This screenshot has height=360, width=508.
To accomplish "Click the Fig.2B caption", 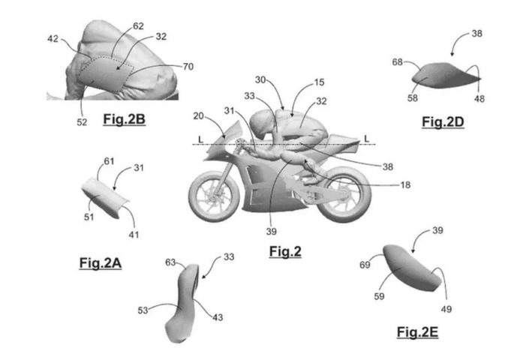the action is tap(124, 119).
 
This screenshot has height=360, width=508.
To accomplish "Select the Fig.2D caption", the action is tap(443, 122).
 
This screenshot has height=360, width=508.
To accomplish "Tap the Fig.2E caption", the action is tap(417, 332).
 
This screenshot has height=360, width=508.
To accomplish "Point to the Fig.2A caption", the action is tap(101, 263).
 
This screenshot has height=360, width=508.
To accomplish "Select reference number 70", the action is tap(188, 67).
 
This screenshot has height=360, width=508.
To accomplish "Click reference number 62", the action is tap(138, 26).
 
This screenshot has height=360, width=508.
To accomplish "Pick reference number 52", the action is tap(82, 122).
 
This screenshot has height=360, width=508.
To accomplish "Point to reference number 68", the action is tap(398, 61).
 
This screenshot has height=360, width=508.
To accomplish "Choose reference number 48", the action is tap(479, 98).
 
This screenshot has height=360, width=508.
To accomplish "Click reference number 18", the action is tap(405, 185).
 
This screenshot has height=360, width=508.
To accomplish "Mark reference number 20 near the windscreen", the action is tap(199, 116).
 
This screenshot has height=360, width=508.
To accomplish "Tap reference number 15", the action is tap(319, 82).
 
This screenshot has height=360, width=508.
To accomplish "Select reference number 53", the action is tap(143, 310).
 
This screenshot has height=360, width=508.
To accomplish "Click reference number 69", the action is tap(365, 265).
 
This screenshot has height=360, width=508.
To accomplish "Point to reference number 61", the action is tap(109, 161).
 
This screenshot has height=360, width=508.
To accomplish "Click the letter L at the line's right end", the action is tap(367, 139).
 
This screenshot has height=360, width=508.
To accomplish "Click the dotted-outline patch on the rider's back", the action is tap(106, 74).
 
